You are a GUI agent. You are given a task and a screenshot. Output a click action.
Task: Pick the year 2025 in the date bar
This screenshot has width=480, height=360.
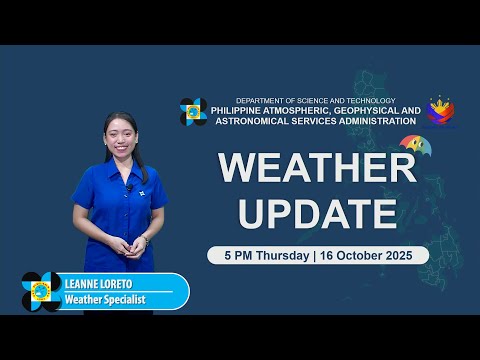(409, 255)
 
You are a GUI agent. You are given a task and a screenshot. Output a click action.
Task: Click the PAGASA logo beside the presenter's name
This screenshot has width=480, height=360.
(41, 291)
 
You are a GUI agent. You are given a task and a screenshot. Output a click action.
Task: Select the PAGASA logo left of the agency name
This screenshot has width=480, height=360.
(193, 111)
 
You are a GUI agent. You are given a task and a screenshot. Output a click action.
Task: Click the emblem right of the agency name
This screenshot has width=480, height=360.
(441, 111)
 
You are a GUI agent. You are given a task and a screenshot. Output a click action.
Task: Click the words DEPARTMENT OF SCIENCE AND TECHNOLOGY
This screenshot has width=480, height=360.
(315, 100)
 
